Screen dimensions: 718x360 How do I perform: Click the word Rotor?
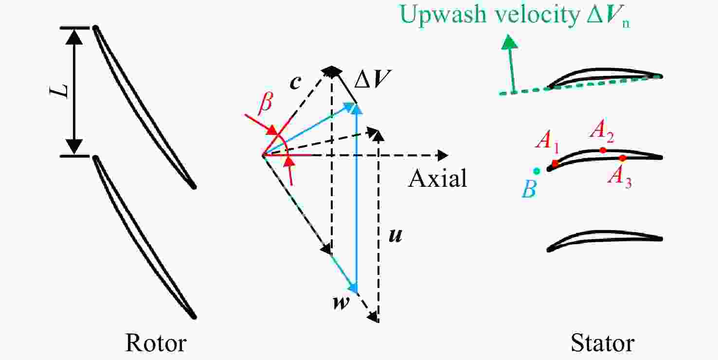tap(156, 343)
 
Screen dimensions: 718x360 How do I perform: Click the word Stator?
tap(603, 343)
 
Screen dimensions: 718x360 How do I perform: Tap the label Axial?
tap(438, 178)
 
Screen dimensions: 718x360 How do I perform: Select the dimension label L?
tap(59, 91)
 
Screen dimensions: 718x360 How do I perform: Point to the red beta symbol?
tap(266, 103)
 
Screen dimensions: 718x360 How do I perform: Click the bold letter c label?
tap(295, 83)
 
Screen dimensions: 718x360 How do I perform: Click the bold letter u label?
tap(395, 235)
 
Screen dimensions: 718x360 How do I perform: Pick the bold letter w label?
tap(341, 302)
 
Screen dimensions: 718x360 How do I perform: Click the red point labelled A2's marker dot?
tap(603, 150)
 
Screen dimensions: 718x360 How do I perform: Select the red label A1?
tap(547, 141)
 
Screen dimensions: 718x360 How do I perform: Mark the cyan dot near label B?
tap(537, 171)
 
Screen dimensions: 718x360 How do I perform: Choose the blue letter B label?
tap(529, 190)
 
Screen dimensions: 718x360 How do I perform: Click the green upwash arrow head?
tap(509, 42)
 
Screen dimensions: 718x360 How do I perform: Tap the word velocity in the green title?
tap(537, 15)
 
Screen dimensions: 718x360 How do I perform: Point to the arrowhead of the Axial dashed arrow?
tap(443, 156)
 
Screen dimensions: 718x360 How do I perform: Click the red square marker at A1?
tap(555, 164)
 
